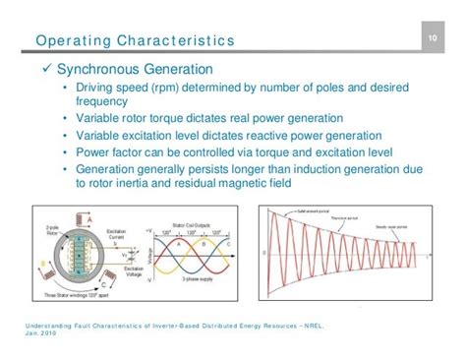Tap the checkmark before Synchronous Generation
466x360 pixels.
pyautogui.click(x=44, y=71)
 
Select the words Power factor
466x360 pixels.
pyautogui.click(x=117, y=152)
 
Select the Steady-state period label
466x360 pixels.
pyautogui.click(x=391, y=227)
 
